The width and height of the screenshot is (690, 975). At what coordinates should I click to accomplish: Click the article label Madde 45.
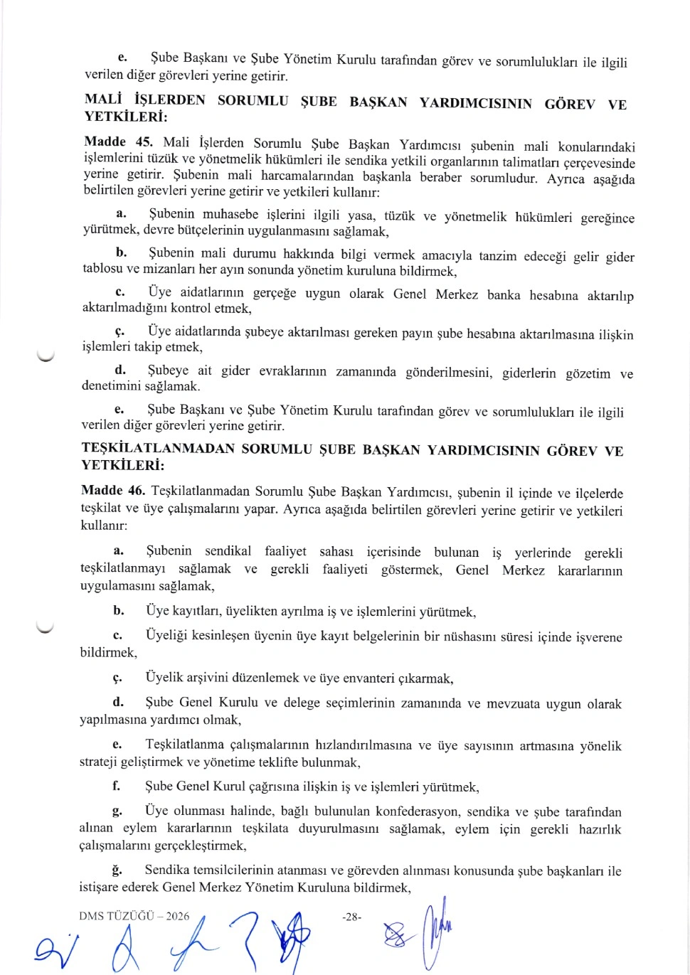tap(118, 142)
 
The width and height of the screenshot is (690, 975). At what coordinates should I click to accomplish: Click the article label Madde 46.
tap(113, 490)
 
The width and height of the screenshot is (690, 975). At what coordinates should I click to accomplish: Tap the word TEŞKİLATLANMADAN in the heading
tap(158, 448)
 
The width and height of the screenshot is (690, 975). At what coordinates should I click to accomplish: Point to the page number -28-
tap(351, 917)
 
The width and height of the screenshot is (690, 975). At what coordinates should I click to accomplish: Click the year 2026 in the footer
tap(178, 916)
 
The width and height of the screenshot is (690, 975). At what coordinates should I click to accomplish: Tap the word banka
tap(504, 294)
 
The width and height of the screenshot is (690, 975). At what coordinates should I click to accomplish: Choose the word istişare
tap(98, 887)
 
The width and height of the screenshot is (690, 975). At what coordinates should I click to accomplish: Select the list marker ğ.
tap(117, 870)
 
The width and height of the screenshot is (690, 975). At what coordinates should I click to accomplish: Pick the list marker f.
tap(116, 786)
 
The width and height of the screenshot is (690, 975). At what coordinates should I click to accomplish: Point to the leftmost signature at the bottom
tap(52, 945)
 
